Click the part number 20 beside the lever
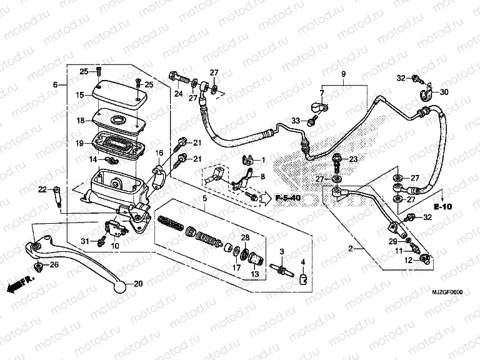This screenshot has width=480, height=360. (x=138, y=284)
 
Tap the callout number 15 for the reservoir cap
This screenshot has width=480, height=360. (x=79, y=96)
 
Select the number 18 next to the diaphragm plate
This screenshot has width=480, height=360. (x=79, y=121)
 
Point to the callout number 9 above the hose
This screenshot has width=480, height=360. (x=342, y=75)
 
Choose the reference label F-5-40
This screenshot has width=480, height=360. (x=289, y=198)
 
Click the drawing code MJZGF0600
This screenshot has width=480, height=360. (x=447, y=292)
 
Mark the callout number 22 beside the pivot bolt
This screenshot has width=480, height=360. (x=42, y=189)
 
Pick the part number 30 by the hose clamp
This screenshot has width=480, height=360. (x=444, y=92)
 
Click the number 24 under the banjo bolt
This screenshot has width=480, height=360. (x=177, y=94)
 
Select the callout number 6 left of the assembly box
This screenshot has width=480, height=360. (x=55, y=84)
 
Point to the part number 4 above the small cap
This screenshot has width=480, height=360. (x=303, y=262)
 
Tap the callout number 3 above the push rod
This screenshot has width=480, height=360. (x=282, y=252)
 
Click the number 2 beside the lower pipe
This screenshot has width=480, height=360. (x=351, y=248)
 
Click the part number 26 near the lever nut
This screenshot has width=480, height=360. (x=54, y=265)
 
